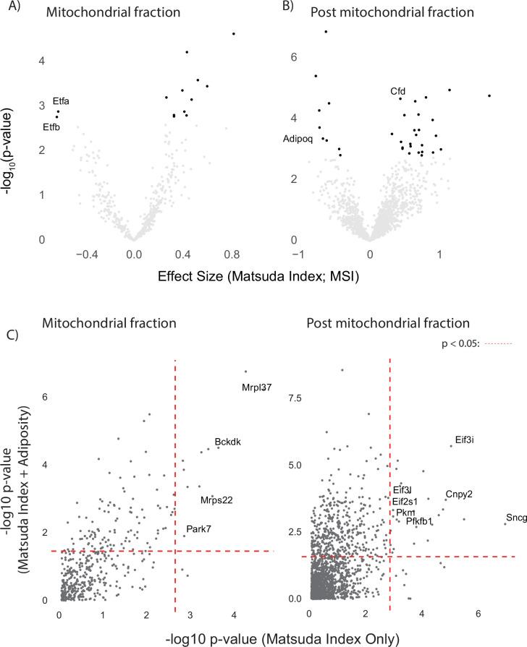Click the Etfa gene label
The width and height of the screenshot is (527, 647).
click(x=62, y=101)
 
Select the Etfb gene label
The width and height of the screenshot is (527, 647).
click(x=51, y=128)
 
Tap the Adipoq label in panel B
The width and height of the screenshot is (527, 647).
click(x=298, y=139)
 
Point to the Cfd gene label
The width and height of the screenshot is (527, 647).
click(x=398, y=91)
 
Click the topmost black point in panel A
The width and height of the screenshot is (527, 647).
click(x=234, y=33)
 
